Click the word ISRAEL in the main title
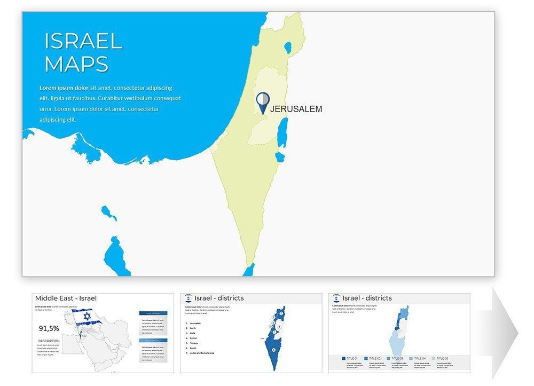[x=83, y=41]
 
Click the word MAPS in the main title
[x=77, y=64]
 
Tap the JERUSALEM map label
[x=296, y=109]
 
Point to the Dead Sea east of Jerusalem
[x=283, y=132]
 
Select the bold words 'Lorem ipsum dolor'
[x=64, y=88]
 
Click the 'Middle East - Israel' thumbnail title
[x=66, y=298]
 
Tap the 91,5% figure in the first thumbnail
[x=49, y=328]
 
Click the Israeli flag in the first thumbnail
[x=85, y=317]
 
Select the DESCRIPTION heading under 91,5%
[x=49, y=341]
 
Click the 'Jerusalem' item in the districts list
[x=195, y=324]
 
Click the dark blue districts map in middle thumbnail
[x=274, y=342]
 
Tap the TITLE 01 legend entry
[x=352, y=358]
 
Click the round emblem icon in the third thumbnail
[x=336, y=298]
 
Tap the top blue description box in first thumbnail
[x=153, y=313]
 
